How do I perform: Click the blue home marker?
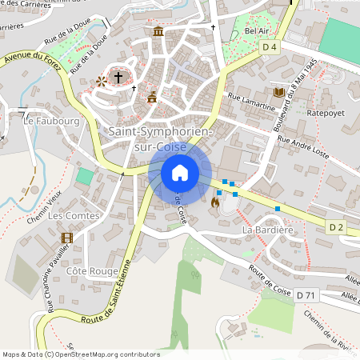pyautogui.click(x=180, y=172)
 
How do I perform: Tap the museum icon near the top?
pyautogui.click(x=158, y=32)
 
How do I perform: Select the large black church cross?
pyautogui.click(x=118, y=78)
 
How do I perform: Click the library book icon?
pyautogui.click(x=278, y=93)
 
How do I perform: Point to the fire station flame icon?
pyautogui.click(x=214, y=203)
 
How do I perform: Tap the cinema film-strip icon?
pyautogui.click(x=66, y=237)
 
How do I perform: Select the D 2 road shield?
pyautogui.click(x=336, y=228)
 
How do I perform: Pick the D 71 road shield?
pyautogui.click(x=305, y=295)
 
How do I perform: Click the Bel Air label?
pyautogui.click(x=257, y=30)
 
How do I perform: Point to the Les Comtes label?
pyautogui.click(x=74, y=216)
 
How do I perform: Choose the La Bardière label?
pyautogui.click(x=269, y=230)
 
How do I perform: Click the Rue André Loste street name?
pyautogui.click(x=303, y=144)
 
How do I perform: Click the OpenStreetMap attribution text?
pyautogui.click(x=81, y=354)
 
